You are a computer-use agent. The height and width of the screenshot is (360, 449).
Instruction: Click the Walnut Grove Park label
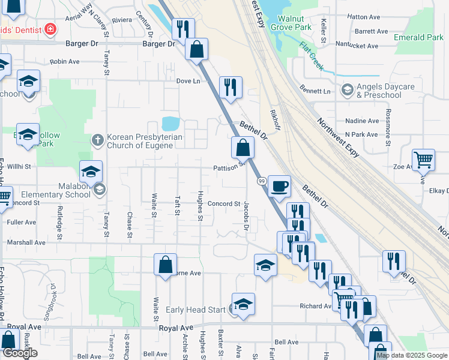(x=291, y=23)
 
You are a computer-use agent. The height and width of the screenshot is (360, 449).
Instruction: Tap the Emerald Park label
(x=418, y=37)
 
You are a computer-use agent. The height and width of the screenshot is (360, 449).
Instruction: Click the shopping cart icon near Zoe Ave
(x=423, y=160)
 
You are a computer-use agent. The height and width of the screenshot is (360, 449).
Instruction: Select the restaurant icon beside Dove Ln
(x=231, y=87)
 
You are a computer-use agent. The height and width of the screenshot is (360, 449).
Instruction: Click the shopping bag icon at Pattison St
(x=242, y=147)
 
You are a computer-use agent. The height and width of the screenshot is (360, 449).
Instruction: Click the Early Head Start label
(x=196, y=310)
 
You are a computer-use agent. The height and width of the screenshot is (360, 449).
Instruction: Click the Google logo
(x=19, y=353)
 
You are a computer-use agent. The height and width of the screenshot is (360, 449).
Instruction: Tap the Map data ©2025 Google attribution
(x=412, y=356)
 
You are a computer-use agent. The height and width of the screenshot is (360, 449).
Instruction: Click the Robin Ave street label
(x=65, y=61)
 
